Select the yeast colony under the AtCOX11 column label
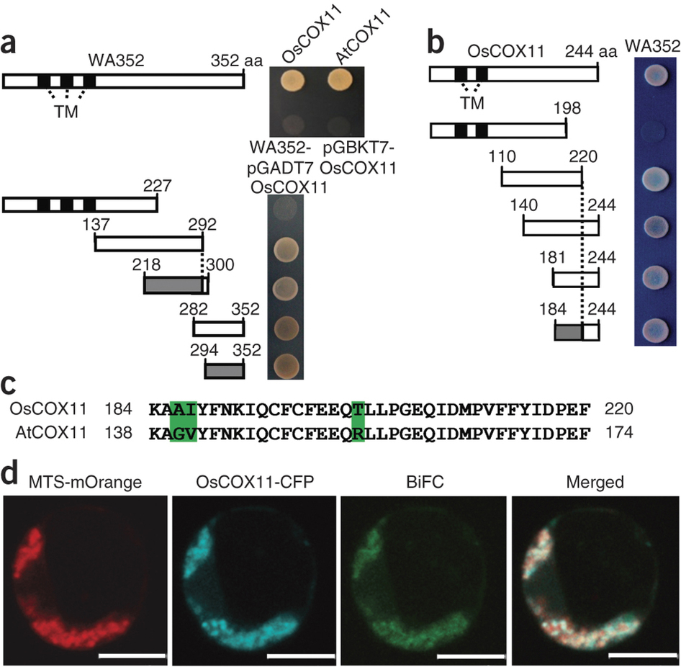pyautogui.click(x=341, y=81)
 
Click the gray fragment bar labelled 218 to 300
pyautogui.click(x=173, y=285)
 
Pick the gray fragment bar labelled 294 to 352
pyautogui.click(x=225, y=371)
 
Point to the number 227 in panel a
pyautogui.click(x=158, y=187)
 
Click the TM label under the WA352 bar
pyautogui.click(x=66, y=112)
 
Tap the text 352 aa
pyautogui.click(x=237, y=61)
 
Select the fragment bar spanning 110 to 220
pyautogui.click(x=541, y=179)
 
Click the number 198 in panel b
pyautogui.click(x=567, y=109)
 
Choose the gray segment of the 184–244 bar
pyautogui.click(x=569, y=332)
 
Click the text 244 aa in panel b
pyautogui.click(x=591, y=52)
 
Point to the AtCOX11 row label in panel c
pyautogui.click(x=51, y=433)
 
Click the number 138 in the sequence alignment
pyautogui.click(x=118, y=433)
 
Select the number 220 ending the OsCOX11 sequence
pyautogui.click(x=619, y=409)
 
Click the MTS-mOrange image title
pyautogui.click(x=85, y=482)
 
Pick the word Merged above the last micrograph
pyautogui.click(x=595, y=483)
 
